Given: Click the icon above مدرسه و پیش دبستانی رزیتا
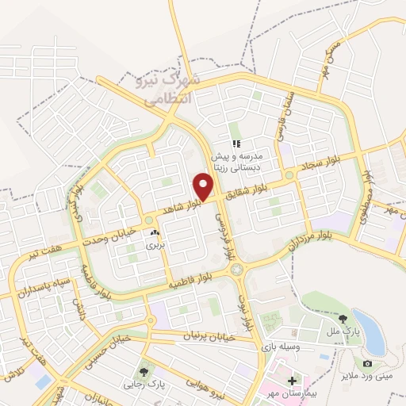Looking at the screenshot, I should pyautogui.click(x=236, y=144).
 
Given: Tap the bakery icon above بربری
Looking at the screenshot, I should pyautogui.click(x=155, y=233).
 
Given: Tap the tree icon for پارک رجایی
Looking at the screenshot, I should pyautogui.click(x=144, y=370).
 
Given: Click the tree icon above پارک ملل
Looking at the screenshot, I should pyautogui.click(x=343, y=318).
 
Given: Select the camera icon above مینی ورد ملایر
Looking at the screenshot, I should pyautogui.click(x=367, y=364).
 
